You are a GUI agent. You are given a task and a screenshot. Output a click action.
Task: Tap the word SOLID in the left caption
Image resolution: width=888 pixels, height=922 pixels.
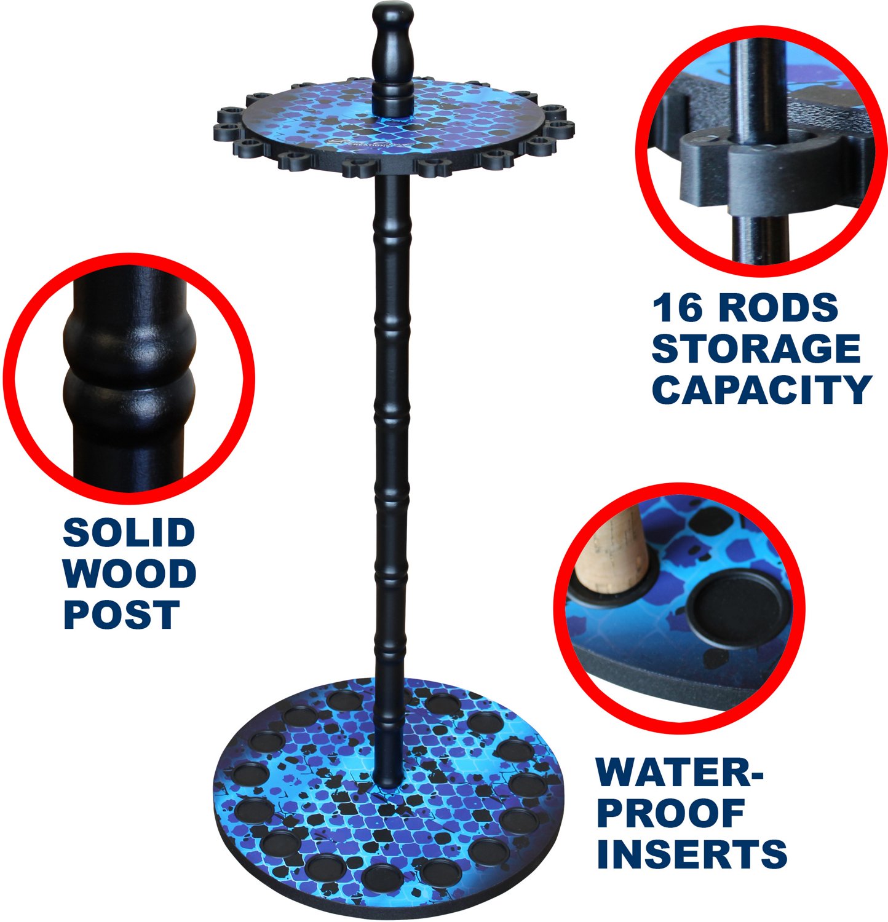[x=129, y=533]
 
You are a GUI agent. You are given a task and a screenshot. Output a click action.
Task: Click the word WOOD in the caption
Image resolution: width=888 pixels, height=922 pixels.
[x=130, y=573]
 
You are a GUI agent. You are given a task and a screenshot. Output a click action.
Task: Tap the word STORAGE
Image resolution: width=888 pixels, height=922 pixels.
[x=756, y=349]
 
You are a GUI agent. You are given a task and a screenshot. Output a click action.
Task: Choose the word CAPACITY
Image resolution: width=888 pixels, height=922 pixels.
[x=762, y=389]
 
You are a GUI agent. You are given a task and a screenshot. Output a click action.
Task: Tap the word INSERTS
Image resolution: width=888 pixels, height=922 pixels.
[x=692, y=854]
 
